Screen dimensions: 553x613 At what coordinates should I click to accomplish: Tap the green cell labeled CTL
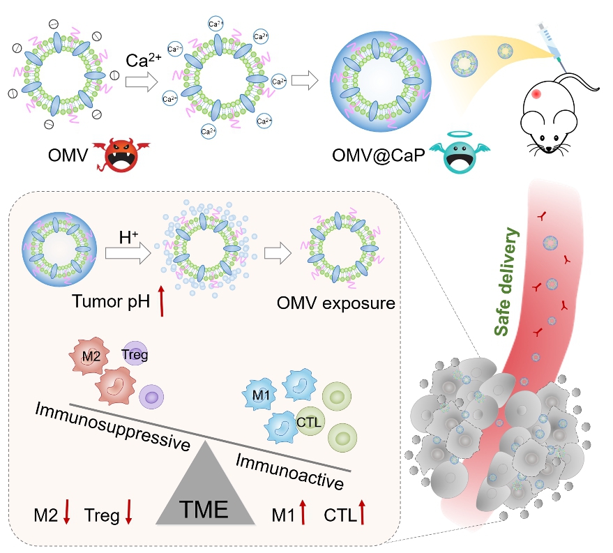tap(308, 421)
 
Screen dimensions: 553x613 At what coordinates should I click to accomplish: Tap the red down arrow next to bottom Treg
tap(130, 512)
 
